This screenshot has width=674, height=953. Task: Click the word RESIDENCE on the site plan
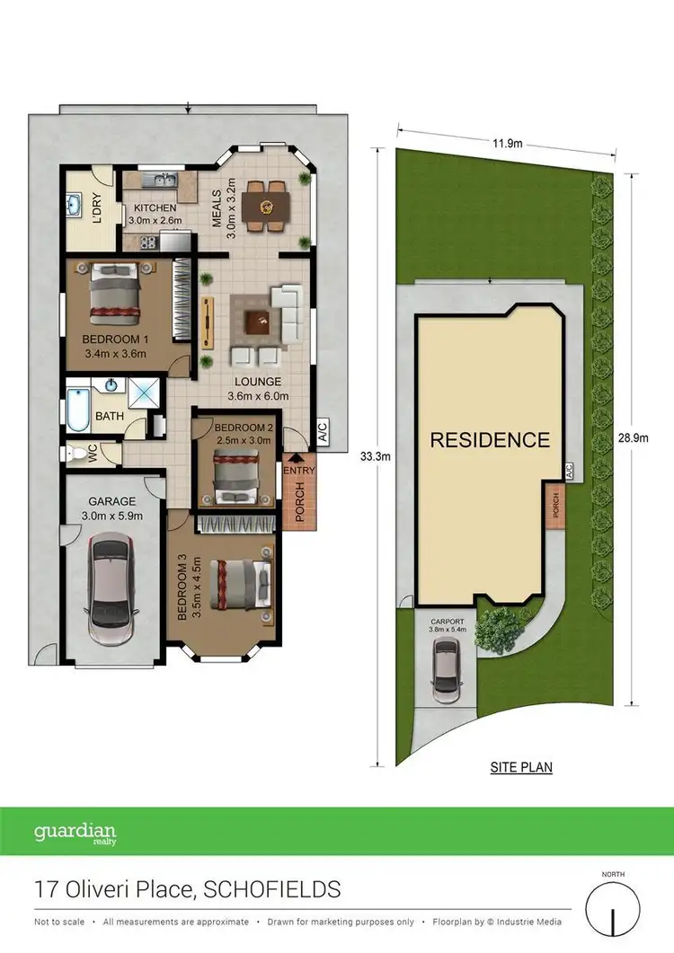click(x=489, y=440)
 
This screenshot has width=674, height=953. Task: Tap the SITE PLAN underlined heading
click(x=521, y=767)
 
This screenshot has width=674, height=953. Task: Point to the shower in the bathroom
click(x=142, y=393)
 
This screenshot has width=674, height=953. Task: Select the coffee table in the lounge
click(x=260, y=319)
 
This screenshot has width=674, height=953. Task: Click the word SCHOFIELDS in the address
click(x=272, y=889)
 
